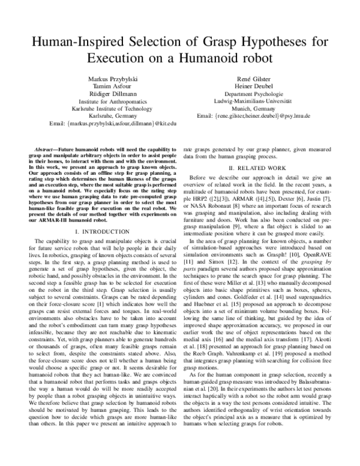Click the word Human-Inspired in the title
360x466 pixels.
(x=70, y=42)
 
